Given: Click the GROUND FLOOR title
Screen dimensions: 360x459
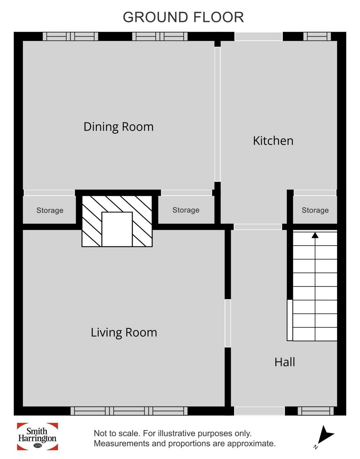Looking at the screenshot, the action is tap(183, 17).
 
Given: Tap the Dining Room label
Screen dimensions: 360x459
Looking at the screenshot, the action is tap(118, 127).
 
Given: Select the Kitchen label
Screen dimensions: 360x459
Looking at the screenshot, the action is tap(273, 141).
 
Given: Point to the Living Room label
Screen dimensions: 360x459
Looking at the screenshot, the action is tap(124, 333).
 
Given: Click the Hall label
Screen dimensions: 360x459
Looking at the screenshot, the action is tap(285, 362).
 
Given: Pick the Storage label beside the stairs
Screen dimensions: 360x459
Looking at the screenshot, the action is tap(315, 210).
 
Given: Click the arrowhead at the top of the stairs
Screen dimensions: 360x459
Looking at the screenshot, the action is tap(315, 235).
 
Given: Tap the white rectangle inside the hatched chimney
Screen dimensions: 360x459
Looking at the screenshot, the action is tap(117, 229).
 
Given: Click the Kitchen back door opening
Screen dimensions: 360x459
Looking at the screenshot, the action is tap(258, 36).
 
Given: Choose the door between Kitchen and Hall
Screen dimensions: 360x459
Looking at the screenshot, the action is tap(258, 227).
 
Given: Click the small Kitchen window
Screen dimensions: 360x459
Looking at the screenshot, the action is tap(317, 36).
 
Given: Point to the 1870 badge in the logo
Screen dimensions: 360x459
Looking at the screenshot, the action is tap(38, 445).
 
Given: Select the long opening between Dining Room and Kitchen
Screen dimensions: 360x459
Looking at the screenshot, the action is tap(218, 114).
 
